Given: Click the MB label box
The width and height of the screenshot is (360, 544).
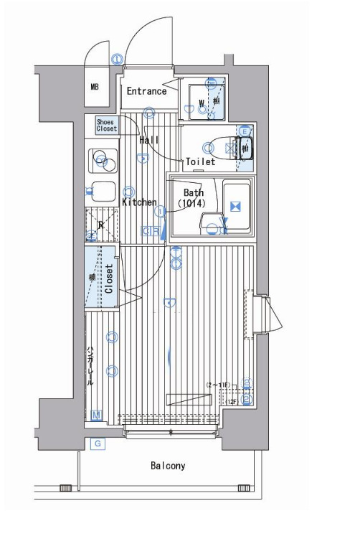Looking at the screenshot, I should pyautogui.click(x=94, y=88).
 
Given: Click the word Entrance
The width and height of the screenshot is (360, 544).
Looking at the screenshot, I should pyautogui.click(x=146, y=91).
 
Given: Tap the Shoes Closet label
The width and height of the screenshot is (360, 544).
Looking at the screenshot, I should pyautogui.click(x=106, y=126).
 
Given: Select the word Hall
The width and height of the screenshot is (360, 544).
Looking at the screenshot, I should pyautogui.click(x=149, y=140).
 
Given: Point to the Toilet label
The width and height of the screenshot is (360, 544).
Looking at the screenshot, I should pyautogui.click(x=200, y=162).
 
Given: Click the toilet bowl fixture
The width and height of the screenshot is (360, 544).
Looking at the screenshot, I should pyautogui.click(x=231, y=149).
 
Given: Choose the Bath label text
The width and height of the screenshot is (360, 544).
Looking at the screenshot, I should pyautogui.click(x=193, y=192).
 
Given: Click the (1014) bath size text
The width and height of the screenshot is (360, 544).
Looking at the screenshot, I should pyautogui.click(x=192, y=203).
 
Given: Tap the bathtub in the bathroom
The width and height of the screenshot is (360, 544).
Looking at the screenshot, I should pyautogui.click(x=235, y=207).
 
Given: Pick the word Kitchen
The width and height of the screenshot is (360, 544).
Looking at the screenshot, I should pyautogui.click(x=139, y=202).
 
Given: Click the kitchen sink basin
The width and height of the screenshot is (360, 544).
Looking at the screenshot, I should pyautogui.click(x=103, y=192).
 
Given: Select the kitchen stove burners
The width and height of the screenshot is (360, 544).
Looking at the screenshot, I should pyautogui.click(x=102, y=161).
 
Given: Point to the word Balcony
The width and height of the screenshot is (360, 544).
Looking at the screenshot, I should pyautogui.click(x=168, y=466).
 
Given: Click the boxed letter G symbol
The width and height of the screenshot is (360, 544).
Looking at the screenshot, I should pyautogui.click(x=98, y=444).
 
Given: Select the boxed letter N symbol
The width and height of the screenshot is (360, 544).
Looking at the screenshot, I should pyautogui.click(x=97, y=414).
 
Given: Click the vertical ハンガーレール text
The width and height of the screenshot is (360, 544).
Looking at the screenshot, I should pyautogui.click(x=90, y=365).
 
